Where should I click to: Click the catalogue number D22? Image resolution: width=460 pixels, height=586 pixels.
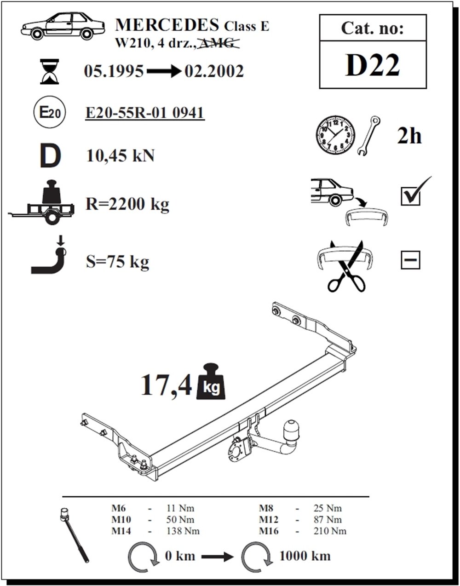point(372,65)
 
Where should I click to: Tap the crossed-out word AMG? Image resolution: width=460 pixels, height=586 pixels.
point(218,43)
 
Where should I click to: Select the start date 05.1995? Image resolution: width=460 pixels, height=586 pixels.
point(114,71)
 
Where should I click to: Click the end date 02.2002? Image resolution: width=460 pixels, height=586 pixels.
point(214,71)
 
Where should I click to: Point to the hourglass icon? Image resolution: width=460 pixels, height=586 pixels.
point(50,71)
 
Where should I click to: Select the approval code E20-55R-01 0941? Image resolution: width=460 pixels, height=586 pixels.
point(145,113)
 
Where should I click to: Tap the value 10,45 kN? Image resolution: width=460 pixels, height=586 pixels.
point(120,156)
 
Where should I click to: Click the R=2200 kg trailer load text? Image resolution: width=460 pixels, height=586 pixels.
point(127,204)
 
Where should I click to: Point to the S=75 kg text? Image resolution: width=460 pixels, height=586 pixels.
point(117,262)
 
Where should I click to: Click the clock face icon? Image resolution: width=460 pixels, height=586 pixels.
point(335,136)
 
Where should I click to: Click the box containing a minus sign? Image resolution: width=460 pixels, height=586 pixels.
point(410,260)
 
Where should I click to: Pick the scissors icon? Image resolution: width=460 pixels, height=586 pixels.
point(346,266)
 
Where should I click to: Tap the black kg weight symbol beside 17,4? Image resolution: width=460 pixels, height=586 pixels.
point(211,381)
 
